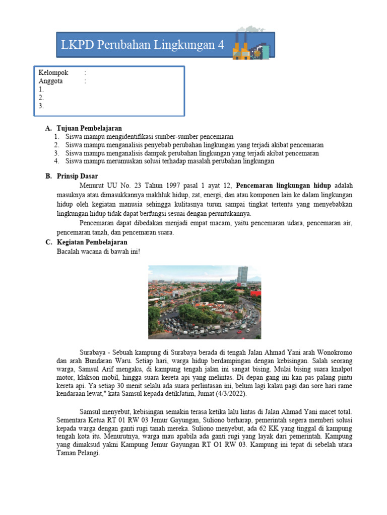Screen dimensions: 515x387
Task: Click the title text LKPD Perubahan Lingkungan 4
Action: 142,45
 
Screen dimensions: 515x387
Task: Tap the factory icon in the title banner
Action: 250,44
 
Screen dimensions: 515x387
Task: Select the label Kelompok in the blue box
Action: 53,73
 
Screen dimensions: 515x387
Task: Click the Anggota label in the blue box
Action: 50,81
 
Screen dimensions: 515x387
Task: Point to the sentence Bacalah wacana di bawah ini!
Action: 98,251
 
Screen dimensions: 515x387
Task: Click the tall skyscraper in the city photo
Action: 242,276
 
